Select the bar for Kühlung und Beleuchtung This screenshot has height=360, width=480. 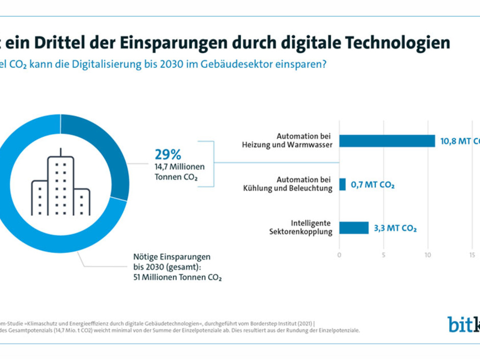pos(342,184)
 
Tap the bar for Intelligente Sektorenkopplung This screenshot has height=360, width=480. pos(353,228)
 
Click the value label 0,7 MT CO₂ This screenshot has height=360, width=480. pos(372,185)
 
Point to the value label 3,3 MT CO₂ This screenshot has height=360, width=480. pos(395,228)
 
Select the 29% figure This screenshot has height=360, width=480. pos(168,154)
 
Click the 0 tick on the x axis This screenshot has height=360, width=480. pos(339,254)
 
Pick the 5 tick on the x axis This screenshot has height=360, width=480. pos(383,254)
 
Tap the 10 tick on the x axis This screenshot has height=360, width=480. pos(428,254)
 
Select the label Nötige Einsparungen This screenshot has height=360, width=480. pos(169,257)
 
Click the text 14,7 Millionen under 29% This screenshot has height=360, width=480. pos(179,167)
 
